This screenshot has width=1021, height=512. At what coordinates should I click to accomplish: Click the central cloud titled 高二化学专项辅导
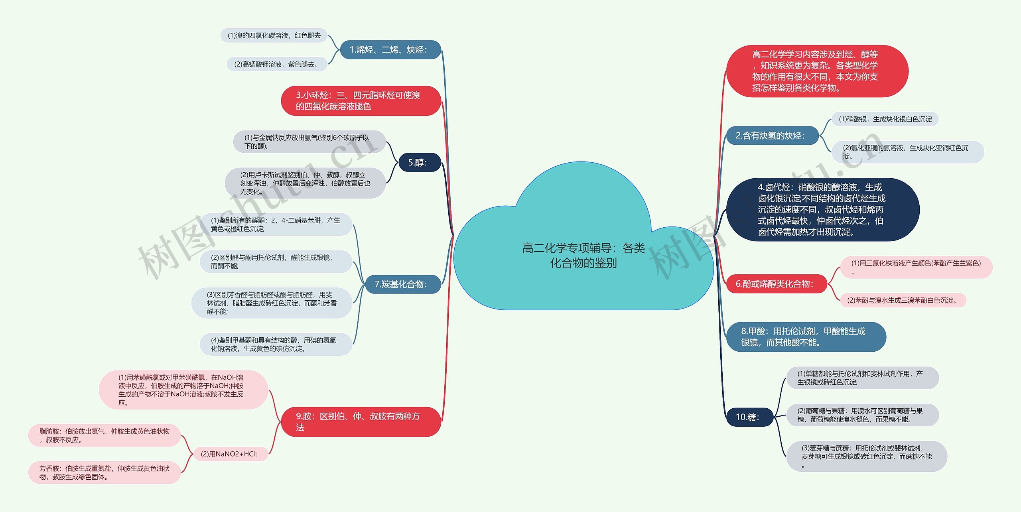click(x=583, y=255)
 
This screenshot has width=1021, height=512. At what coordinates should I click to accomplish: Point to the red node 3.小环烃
click(x=361, y=101)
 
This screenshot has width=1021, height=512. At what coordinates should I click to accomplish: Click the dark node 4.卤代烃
click(x=822, y=210)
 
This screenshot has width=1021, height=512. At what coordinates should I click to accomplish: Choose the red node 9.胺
click(x=361, y=422)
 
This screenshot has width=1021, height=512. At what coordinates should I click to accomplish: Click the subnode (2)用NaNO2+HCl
click(x=230, y=454)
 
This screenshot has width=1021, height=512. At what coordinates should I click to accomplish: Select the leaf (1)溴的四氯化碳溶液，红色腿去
click(x=274, y=35)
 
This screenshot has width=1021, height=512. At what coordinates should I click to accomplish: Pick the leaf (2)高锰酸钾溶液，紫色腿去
click(x=277, y=64)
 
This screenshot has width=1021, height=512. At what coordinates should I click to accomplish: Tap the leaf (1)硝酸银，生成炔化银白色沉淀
click(x=885, y=119)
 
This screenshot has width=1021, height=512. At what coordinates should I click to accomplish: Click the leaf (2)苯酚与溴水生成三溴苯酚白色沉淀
click(x=903, y=300)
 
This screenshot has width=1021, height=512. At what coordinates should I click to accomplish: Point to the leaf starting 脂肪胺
click(x=104, y=435)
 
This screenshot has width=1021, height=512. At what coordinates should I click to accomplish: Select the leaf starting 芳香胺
click(x=104, y=473)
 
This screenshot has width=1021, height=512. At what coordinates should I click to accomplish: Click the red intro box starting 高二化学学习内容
click(x=817, y=71)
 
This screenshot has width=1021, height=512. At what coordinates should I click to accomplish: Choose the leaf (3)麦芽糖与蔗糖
click(x=866, y=456)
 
